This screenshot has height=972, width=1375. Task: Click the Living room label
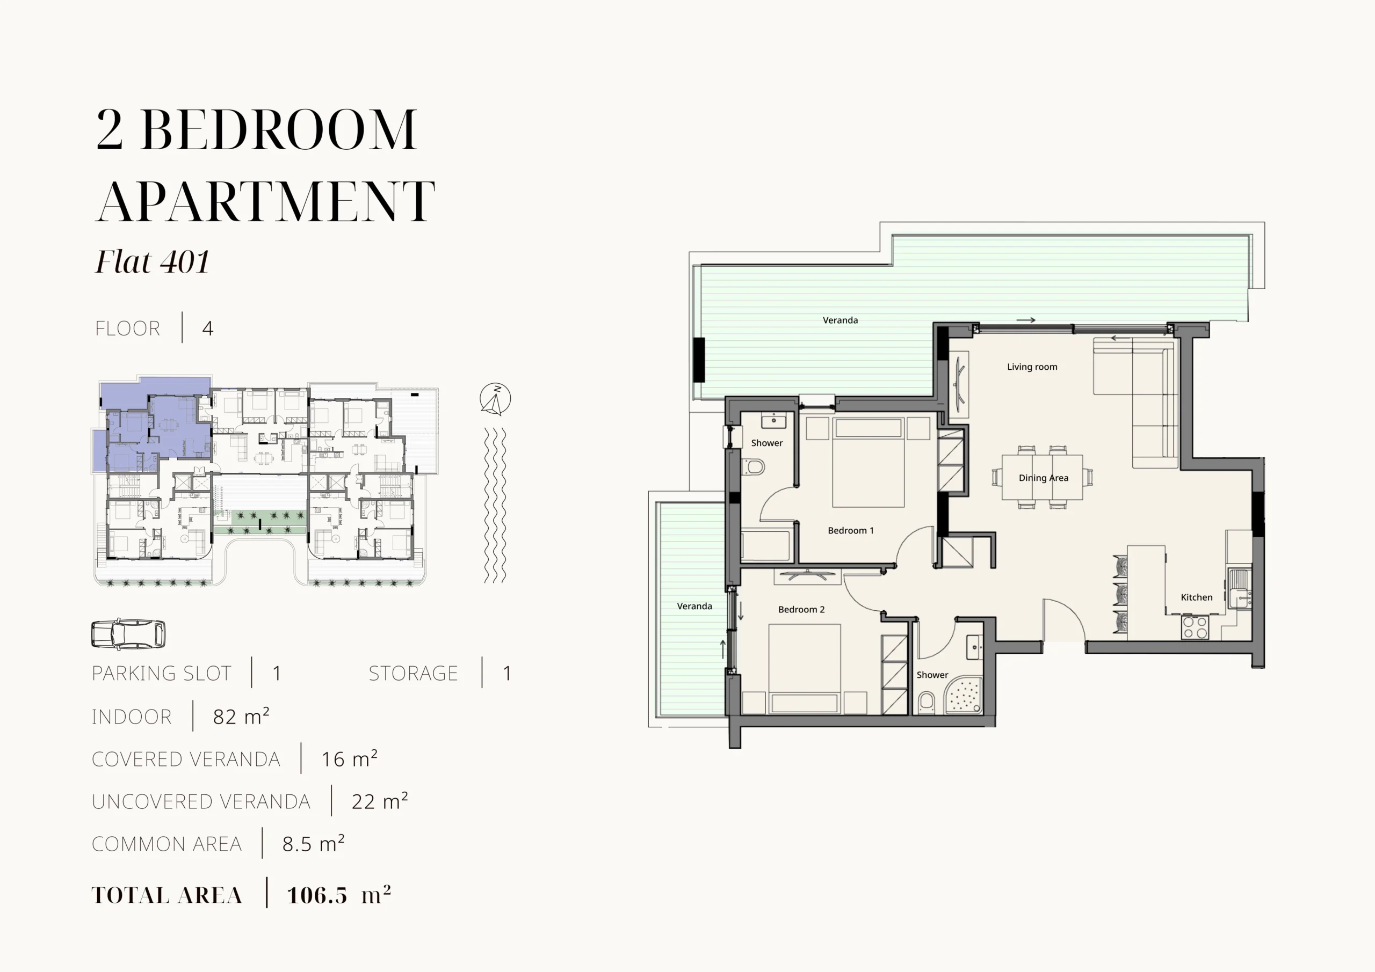point(1032,367)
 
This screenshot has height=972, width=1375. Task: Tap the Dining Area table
point(1042,477)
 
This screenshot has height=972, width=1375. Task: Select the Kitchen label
point(1197,597)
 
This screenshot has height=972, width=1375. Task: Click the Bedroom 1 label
point(850,530)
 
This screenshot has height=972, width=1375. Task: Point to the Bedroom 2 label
point(801,609)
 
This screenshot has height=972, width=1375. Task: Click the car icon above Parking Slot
point(128,634)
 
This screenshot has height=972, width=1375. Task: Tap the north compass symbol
point(495,399)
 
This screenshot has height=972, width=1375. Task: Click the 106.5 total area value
point(317,895)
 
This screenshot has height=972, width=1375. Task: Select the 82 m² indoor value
point(241,716)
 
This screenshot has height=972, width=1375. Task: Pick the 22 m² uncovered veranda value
point(380,801)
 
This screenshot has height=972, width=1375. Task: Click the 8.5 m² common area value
point(313,843)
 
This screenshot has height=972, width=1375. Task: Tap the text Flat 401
point(153,261)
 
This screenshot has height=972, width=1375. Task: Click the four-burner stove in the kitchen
point(1195,627)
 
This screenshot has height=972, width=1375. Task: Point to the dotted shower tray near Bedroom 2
point(964,695)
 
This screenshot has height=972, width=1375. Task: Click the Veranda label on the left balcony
point(694,606)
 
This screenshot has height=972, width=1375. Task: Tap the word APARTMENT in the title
point(265,201)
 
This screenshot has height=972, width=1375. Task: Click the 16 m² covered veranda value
point(349,758)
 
